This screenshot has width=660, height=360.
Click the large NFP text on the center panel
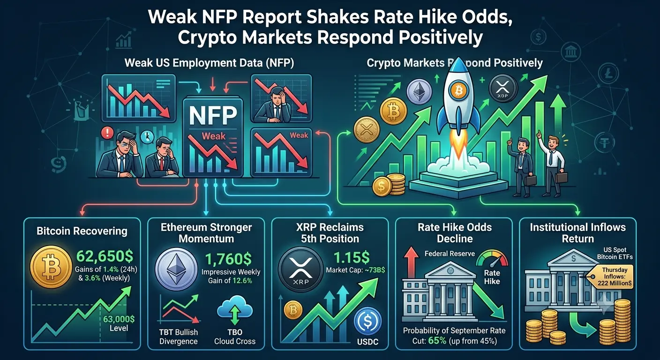[x=213, y=115]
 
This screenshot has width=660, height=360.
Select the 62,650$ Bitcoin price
[x=105, y=256]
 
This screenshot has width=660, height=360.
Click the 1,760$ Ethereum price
[x=228, y=259]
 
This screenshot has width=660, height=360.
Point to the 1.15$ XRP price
[x=352, y=258]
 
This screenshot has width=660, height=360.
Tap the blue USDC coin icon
[x=367, y=321]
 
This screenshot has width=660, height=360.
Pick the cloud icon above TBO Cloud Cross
[x=234, y=308]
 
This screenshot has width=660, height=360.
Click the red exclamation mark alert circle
[x=107, y=133]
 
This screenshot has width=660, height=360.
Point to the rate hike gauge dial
[x=492, y=258]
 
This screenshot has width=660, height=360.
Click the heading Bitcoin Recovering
[x=82, y=231]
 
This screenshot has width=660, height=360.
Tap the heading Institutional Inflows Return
[x=578, y=232]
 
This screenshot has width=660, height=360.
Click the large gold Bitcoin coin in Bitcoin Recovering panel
[x=51, y=267]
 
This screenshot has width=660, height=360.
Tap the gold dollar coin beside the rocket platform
[x=382, y=186]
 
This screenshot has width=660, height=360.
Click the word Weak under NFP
[x=213, y=136]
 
